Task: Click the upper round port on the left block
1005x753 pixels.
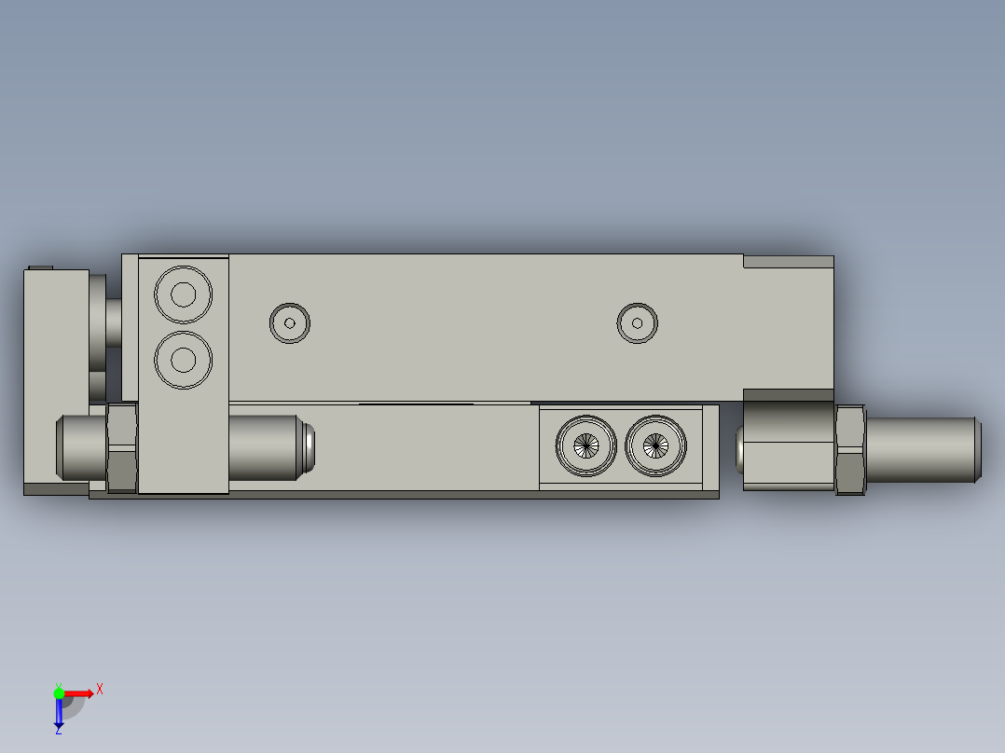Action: point(184,295)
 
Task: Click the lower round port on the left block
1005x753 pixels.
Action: point(184,359)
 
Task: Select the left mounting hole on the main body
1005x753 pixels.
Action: point(290,323)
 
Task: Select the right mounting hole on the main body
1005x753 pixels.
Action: point(638,323)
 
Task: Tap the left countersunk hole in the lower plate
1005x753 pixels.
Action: point(586,445)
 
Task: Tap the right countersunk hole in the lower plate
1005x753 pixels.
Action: point(656,445)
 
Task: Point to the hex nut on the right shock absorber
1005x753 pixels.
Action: point(850,449)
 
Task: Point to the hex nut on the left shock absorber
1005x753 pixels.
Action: point(122,447)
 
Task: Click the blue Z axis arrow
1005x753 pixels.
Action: point(59,713)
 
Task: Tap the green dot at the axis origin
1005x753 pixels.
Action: point(59,692)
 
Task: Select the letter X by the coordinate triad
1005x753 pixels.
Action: point(100,689)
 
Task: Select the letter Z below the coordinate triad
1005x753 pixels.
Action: point(59,731)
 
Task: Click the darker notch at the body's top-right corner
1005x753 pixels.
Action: point(788,262)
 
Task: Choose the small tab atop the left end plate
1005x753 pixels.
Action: point(40,267)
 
